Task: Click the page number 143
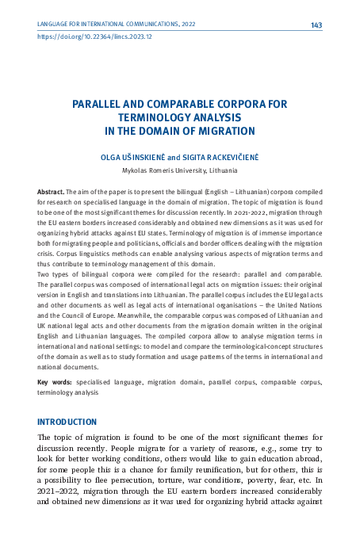point(316,25)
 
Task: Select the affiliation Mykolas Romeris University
point(164,170)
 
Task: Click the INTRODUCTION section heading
point(75,420)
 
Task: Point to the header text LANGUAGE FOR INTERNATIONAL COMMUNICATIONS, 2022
point(117,25)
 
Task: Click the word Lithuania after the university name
point(223,170)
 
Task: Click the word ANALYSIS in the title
point(217,117)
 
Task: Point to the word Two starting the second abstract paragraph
point(44,295)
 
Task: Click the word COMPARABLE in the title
point(174,104)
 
